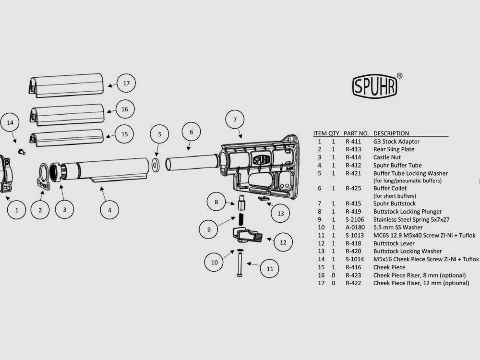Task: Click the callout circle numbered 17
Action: pyautogui.click(x=126, y=84)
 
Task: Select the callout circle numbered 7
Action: pyautogui.click(x=235, y=120)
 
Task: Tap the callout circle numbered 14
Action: pyautogui.click(x=10, y=122)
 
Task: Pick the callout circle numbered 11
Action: pyautogui.click(x=270, y=269)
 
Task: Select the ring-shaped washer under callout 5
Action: pyautogui.click(x=156, y=166)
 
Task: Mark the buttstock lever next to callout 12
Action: pyautogui.click(x=247, y=235)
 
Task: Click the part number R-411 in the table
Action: pyautogui.click(x=353, y=142)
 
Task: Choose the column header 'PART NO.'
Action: pyautogui.click(x=356, y=133)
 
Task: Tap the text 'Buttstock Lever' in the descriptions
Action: pyautogui.click(x=393, y=243)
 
